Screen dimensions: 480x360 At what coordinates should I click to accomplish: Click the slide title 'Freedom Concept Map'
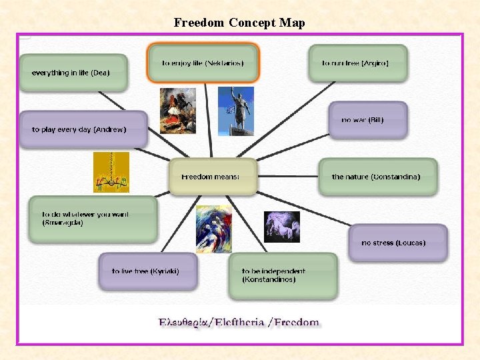tap(239, 23)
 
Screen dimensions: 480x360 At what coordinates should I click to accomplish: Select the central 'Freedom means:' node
tap(213, 177)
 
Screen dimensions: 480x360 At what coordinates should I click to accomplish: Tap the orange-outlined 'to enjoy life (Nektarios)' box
tap(203, 63)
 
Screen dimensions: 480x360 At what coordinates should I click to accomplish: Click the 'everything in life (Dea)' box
tap(73, 73)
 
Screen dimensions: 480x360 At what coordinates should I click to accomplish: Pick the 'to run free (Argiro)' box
tap(357, 63)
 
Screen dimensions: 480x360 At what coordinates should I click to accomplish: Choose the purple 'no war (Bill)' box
tap(367, 120)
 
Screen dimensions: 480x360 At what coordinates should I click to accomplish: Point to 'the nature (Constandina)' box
tap(377, 177)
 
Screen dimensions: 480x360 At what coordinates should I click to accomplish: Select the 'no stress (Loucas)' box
tap(397, 243)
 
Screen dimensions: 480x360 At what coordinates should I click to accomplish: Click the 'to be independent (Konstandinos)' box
tap(283, 275)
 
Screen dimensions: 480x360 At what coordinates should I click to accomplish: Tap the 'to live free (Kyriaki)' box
tap(148, 271)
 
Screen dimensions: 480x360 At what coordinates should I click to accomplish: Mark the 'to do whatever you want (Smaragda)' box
tap(93, 219)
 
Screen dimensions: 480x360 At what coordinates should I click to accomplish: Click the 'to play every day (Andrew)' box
tap(83, 129)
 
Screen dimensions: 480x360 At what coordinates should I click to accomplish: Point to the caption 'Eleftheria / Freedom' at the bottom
tap(239, 323)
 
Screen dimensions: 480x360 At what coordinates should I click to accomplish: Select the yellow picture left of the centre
tap(111, 172)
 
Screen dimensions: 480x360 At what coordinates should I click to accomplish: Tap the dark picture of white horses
tap(282, 227)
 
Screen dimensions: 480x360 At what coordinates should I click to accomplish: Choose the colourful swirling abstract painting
tap(213, 229)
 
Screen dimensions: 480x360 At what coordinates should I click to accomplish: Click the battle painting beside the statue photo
tap(178, 111)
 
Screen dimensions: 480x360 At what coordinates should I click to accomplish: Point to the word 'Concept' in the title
tap(253, 23)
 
